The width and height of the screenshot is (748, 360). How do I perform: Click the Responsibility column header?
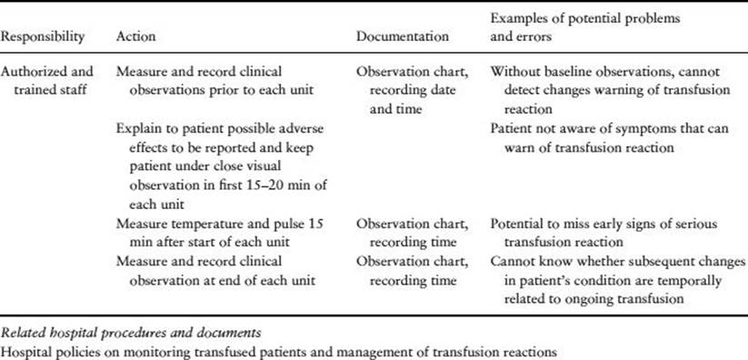(x=43, y=36)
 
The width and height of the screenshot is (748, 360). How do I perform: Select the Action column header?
(x=135, y=36)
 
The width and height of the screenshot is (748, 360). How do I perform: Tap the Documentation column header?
(x=402, y=36)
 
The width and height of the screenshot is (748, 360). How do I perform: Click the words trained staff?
(x=50, y=89)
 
